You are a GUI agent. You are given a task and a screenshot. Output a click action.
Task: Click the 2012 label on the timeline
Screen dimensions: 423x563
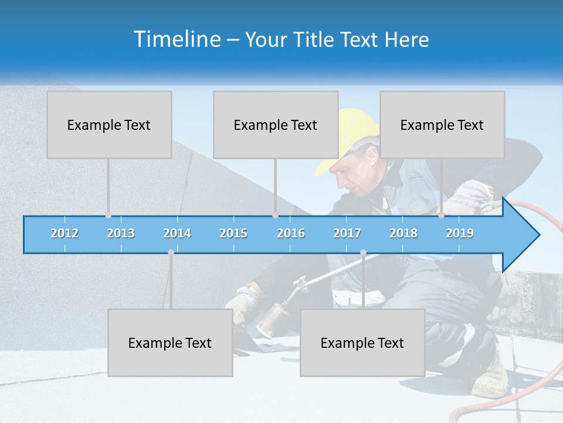pos(65,233)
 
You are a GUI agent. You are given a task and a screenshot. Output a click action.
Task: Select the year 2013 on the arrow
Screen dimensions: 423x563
pos(121,233)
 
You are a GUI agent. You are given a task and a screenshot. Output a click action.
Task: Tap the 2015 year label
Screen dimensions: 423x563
pos(233,233)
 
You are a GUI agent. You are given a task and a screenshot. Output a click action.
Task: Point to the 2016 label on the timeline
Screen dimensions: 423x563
pos(291,233)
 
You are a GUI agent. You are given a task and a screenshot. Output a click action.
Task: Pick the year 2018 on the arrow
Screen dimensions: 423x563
pos(403,233)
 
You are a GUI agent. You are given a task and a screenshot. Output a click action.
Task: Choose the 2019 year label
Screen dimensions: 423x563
pos(460,233)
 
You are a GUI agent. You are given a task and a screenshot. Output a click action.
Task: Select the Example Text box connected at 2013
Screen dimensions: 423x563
pos(109,125)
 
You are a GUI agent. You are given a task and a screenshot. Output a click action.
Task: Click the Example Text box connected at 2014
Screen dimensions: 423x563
pos(170,343)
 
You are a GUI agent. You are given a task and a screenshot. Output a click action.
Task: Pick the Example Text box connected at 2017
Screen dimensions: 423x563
pos(362,343)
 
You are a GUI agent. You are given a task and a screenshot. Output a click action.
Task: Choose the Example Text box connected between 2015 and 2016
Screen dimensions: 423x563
pos(276,125)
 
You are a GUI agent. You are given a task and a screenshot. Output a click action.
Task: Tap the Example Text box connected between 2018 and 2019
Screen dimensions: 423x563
pos(442,125)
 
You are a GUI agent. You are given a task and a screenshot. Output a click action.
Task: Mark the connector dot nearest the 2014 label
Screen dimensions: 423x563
pos(171,253)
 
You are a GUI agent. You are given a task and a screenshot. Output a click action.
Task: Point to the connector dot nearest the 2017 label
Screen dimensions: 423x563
pos(363,253)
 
